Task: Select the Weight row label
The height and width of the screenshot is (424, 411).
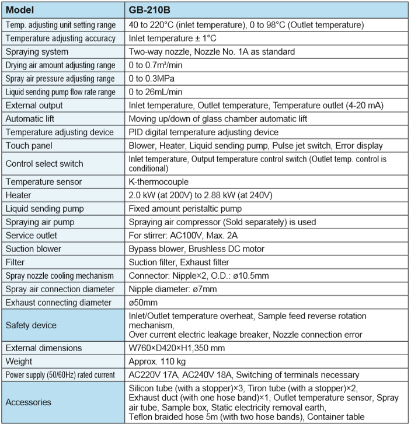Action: pyautogui.click(x=19, y=361)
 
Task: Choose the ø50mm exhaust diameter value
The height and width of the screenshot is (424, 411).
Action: pyautogui.click(x=144, y=302)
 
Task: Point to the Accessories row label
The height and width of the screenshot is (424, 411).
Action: pyautogui.click(x=28, y=402)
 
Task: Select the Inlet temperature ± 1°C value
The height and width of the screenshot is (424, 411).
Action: pyautogui.click(x=173, y=38)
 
